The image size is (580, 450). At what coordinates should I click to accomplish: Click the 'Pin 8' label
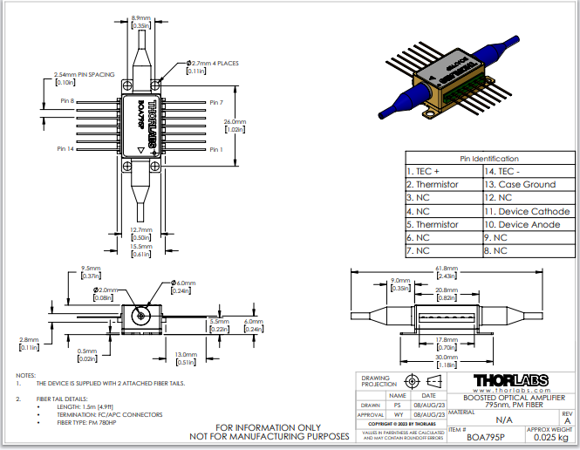pyautogui.click(x=68, y=102)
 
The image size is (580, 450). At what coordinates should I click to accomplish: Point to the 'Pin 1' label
pyautogui.click(x=216, y=149)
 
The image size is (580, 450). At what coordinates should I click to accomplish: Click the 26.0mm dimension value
pyautogui.click(x=235, y=121)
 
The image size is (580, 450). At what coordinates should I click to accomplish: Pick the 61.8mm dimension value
pyautogui.click(x=446, y=269)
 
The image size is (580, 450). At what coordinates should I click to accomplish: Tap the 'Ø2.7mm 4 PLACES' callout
pyautogui.click(x=212, y=63)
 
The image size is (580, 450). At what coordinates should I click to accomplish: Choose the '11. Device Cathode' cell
pyautogui.click(x=527, y=211)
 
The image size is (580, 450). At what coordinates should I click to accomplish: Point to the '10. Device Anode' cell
pyautogui.click(x=523, y=224)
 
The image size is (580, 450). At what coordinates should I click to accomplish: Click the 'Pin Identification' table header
pyautogui.click(x=488, y=159)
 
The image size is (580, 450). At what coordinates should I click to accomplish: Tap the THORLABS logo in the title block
pyautogui.click(x=514, y=380)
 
